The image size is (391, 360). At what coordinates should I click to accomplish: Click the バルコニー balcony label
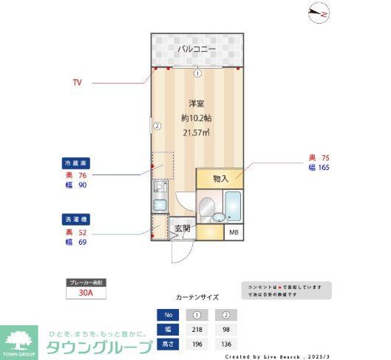[x=197, y=50]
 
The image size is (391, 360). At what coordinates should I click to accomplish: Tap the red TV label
[x=77, y=82]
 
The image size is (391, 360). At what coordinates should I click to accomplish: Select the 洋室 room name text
[x=196, y=103]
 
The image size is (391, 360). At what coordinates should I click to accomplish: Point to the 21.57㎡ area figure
[x=196, y=132]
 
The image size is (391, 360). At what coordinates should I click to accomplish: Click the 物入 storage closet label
[x=221, y=178]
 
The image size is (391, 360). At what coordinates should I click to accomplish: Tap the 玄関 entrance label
[x=182, y=228]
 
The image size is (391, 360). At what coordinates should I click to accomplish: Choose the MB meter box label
[x=234, y=232]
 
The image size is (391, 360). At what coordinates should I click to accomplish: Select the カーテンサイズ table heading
[x=197, y=297]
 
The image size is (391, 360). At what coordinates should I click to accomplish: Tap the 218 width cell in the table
[x=197, y=329]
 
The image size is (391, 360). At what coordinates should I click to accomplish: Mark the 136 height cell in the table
[x=225, y=344]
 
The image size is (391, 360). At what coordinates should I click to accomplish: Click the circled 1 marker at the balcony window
[x=197, y=73]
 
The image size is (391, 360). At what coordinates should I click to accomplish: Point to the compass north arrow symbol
[x=319, y=12]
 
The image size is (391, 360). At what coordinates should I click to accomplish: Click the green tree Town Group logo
[x=19, y=342]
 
